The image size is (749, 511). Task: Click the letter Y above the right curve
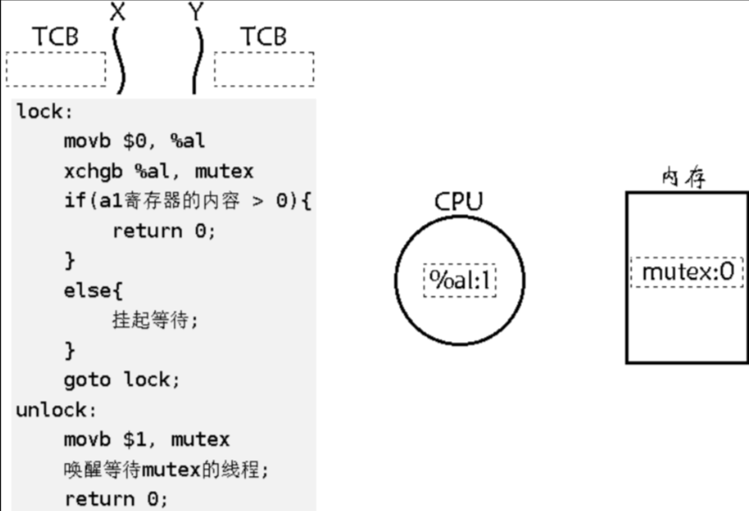point(198,12)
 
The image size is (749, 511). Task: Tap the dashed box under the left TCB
point(55,69)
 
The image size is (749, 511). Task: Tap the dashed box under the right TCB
point(263,69)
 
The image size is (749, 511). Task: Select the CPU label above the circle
point(458,201)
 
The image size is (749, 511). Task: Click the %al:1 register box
point(459,281)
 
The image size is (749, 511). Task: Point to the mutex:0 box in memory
point(687,273)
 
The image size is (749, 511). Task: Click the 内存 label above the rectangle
point(683,178)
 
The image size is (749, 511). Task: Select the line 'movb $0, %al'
point(134,141)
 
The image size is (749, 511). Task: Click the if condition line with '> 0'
point(188,201)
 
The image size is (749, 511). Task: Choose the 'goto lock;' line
point(122,380)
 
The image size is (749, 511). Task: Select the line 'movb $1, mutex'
point(146,439)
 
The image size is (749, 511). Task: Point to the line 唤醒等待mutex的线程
point(166,469)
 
